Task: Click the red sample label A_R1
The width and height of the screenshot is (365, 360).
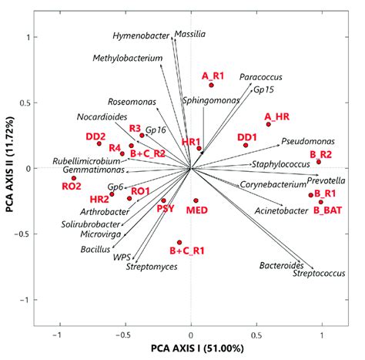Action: [213, 76]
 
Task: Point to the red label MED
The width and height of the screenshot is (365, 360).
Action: [198, 210]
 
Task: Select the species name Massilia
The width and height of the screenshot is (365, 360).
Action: [190, 35]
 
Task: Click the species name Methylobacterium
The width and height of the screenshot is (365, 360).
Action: [128, 59]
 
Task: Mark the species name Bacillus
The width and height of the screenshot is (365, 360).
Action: [95, 250]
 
